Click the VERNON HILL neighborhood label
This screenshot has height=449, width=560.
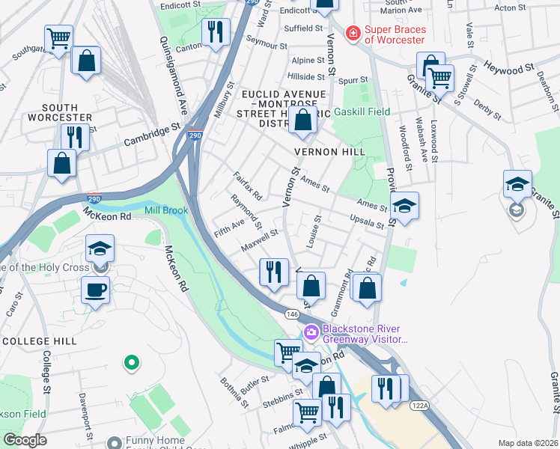tap(329, 152)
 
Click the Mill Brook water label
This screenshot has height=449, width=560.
tap(166, 211)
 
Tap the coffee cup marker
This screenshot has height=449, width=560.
tap(95, 290)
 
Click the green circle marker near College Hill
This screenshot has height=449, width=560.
tap(131, 363)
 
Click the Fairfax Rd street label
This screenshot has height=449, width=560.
tap(248, 186)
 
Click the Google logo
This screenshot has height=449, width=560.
tap(25, 439)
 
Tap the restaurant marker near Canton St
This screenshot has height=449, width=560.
tap(216, 31)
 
